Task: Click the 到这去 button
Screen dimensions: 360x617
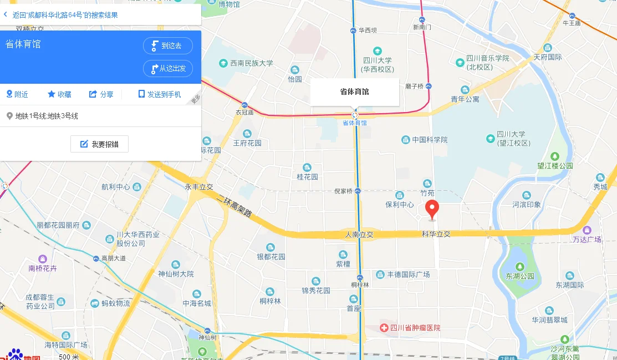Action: [x=167, y=46]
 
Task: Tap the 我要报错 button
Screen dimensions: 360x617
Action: [x=99, y=144]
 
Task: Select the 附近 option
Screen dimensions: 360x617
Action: [x=17, y=94]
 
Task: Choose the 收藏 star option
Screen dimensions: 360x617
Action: [x=59, y=94]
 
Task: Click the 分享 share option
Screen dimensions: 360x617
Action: [x=101, y=94]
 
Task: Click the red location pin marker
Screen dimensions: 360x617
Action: [x=432, y=209]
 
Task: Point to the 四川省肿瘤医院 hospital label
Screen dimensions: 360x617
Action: [x=415, y=328]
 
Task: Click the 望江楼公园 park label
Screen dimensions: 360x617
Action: [x=555, y=166]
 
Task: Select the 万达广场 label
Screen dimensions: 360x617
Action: [x=587, y=239]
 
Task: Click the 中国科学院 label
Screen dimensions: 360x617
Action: [x=430, y=140]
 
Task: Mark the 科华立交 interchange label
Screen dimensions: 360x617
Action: [x=436, y=234]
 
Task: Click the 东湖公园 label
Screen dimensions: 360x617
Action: [x=519, y=276]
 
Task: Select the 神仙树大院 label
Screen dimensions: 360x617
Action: [x=176, y=273]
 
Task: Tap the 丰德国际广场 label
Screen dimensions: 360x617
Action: [x=408, y=275]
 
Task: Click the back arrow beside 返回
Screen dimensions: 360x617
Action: [x=6, y=14]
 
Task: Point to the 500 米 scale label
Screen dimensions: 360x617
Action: [x=69, y=356]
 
